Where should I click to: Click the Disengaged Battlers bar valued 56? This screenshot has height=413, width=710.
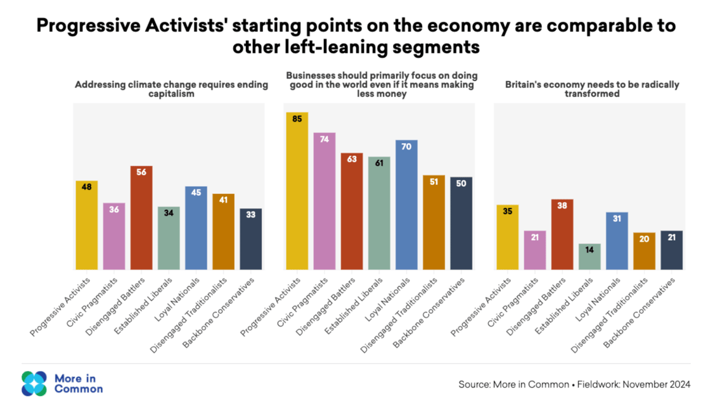coord(141,218)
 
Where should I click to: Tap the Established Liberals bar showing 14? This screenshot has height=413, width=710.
coord(590,257)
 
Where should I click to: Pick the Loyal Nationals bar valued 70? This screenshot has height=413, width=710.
coord(406,205)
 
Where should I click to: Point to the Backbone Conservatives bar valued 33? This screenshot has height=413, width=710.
coord(250,239)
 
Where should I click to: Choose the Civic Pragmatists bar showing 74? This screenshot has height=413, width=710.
coord(325,201)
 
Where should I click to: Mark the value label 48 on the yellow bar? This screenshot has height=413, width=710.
coord(87,187)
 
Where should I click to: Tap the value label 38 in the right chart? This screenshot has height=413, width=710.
coord(562,205)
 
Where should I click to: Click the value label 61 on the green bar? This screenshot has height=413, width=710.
coord(379,163)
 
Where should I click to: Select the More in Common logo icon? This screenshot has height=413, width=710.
coord(34,383)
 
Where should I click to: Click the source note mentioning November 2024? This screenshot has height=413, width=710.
coord(574,384)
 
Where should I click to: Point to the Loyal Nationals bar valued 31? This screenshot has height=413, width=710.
coord(617,241)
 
